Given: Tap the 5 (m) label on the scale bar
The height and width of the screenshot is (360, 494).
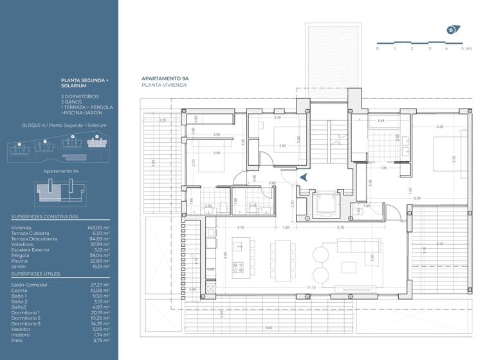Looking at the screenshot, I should [x=463, y=48].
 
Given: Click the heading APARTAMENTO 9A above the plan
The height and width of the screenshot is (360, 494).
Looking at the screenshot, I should [x=165, y=78].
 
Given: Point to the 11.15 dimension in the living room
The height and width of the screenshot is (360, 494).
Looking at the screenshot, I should [x=311, y=287].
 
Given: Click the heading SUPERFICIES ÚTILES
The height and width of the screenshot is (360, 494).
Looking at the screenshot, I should [x=35, y=273].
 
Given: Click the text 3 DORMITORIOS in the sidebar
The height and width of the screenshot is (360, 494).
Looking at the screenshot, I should [x=80, y=96].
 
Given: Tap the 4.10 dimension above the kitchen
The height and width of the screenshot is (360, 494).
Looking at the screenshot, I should [x=241, y=228].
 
